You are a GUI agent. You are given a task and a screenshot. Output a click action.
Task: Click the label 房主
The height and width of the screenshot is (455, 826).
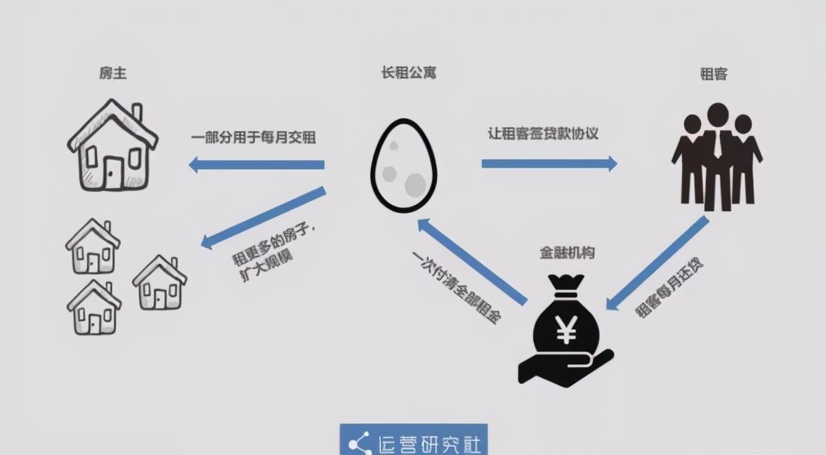[113, 73]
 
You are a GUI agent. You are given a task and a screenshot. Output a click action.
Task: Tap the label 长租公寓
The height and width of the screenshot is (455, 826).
[409, 72]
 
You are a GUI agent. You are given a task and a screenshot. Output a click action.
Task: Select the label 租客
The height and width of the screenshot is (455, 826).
[714, 74]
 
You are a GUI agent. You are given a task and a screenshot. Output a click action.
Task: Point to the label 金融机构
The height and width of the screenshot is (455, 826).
[568, 253]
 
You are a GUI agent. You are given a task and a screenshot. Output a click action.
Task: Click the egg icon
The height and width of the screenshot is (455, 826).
[403, 165]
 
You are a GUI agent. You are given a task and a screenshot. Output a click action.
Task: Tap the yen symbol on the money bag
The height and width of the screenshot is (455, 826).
[566, 329]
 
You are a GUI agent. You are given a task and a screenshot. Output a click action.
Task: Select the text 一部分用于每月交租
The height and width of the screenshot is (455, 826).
[254, 138]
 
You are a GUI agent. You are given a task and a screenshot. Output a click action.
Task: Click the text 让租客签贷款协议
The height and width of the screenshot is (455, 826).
[543, 133]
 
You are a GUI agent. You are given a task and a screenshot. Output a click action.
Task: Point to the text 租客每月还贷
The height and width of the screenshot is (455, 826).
[669, 288]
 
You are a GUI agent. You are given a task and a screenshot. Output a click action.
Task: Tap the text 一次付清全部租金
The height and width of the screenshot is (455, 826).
[457, 286]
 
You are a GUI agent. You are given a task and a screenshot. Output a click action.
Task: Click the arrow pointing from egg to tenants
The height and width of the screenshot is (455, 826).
[549, 164]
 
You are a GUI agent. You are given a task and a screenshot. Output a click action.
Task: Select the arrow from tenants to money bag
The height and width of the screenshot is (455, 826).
[657, 263]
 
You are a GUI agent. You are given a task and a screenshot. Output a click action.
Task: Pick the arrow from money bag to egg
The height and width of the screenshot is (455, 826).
[472, 262]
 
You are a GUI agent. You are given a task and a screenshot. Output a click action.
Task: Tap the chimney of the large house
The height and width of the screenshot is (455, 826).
[137, 112]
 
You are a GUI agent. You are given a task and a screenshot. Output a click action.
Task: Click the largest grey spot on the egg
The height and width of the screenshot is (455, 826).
[415, 185]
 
